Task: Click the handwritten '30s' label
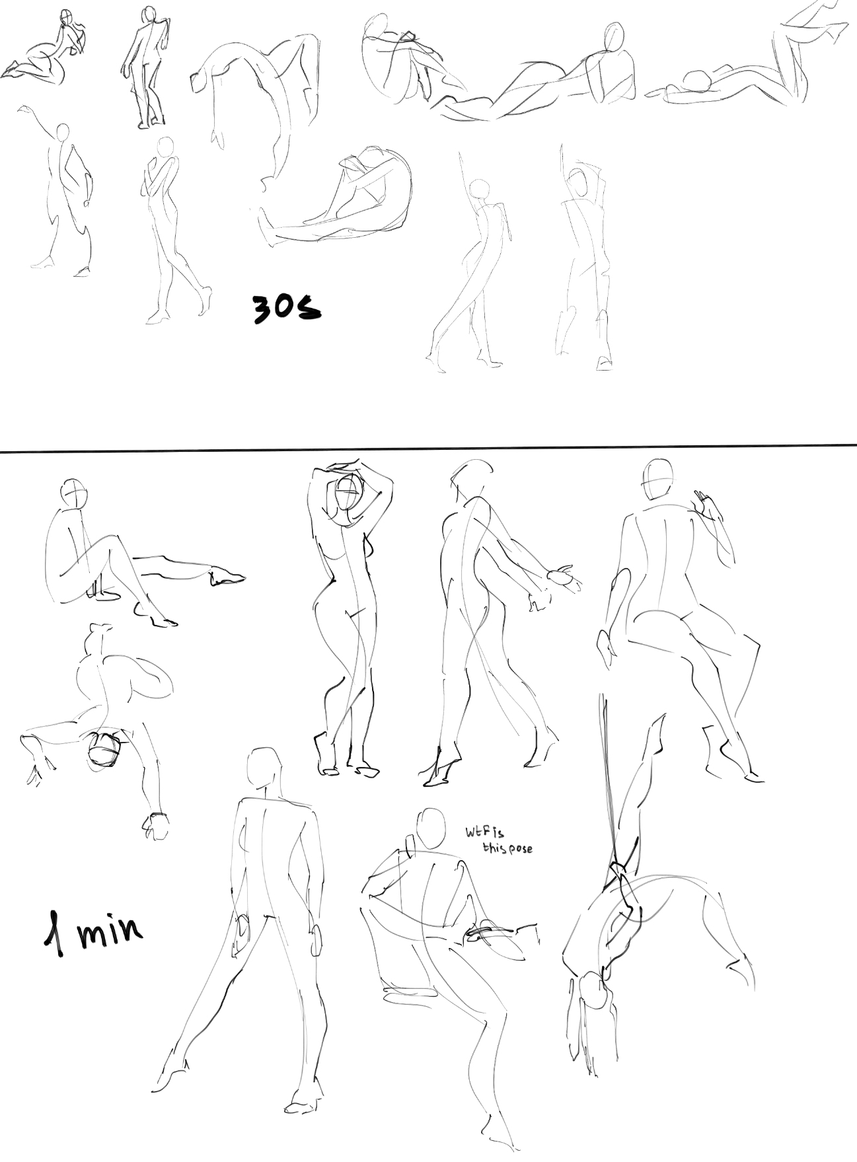click(x=286, y=308)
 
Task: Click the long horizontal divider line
click(x=428, y=449)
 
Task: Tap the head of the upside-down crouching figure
click(x=104, y=749)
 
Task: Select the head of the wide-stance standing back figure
click(x=262, y=767)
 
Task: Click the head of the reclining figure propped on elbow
click(x=613, y=39)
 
